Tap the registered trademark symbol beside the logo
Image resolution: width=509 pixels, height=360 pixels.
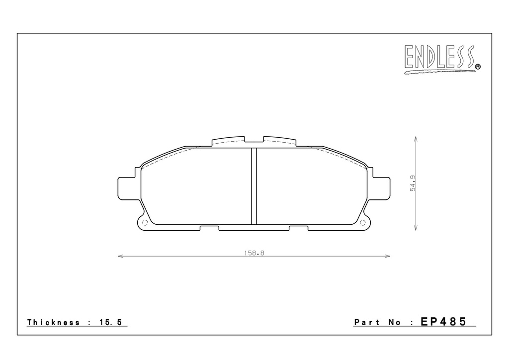tap(478, 67)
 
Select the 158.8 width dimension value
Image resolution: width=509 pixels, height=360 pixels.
tap(254, 253)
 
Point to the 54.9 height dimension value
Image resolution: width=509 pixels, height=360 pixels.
tap(413, 183)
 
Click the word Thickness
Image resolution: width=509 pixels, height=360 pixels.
tap(53, 322)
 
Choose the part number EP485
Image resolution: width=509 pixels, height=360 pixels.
tap(443, 321)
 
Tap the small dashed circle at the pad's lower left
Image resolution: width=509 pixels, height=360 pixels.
tap(145, 222)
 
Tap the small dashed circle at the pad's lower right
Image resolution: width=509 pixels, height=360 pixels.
tap(363, 222)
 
